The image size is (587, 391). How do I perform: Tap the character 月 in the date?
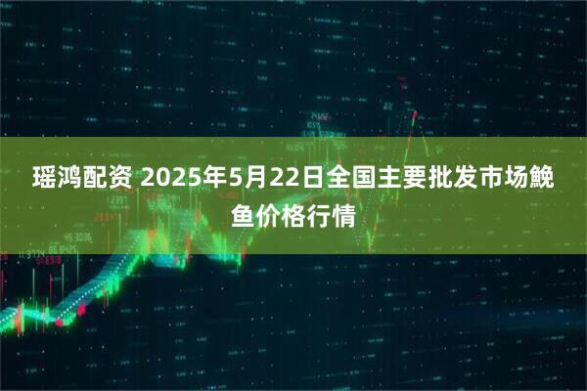pyautogui.click(x=257, y=180)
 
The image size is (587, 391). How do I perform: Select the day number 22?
pyautogui.click(x=284, y=180)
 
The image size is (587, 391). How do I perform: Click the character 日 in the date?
pyautogui.click(x=311, y=180)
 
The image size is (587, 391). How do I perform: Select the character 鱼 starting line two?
pyautogui.click(x=241, y=215)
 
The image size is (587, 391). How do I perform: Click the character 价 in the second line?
pyautogui.click(x=267, y=215)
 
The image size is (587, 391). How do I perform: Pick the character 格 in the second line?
pyautogui.click(x=294, y=215)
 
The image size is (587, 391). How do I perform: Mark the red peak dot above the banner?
pyautogui.click(x=415, y=114)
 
